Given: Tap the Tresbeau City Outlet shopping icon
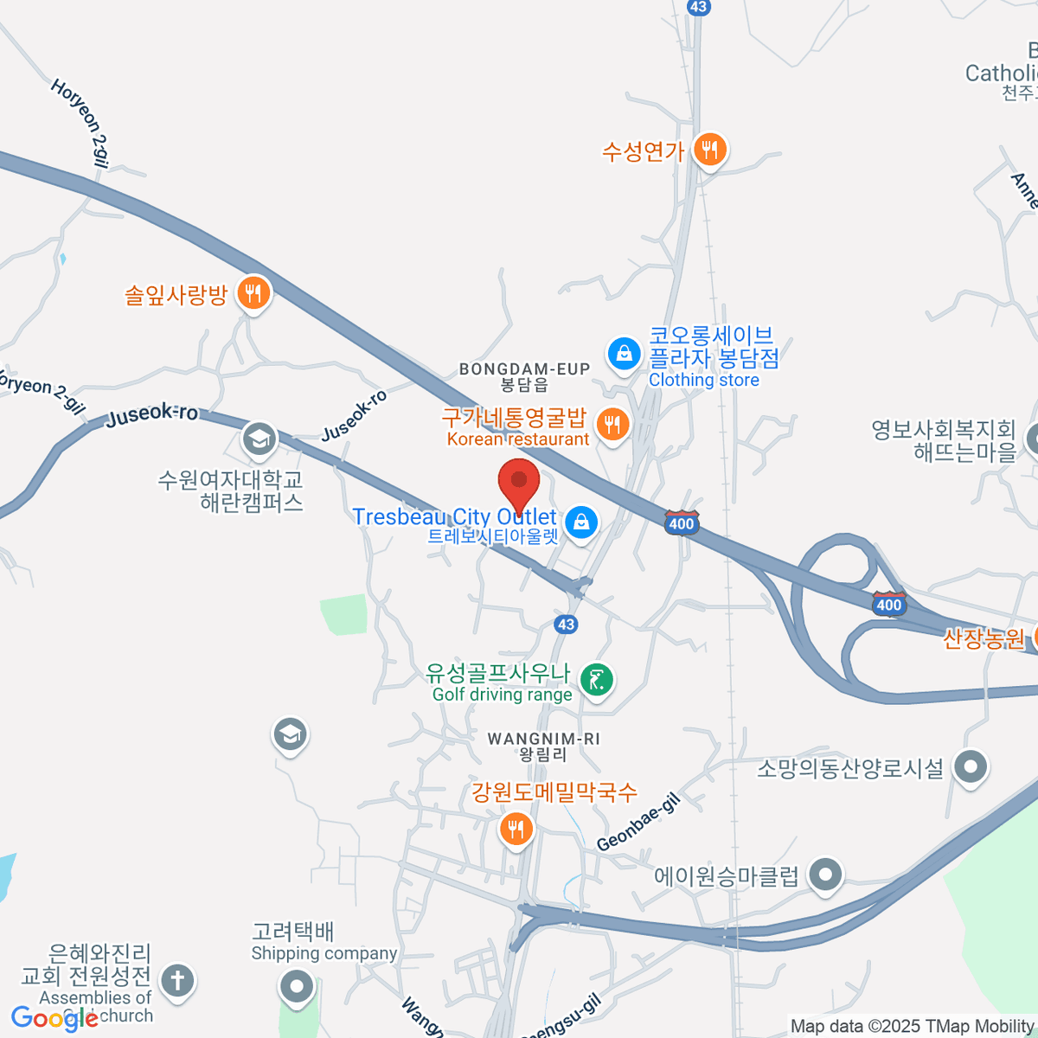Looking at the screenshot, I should pyautogui.click(x=581, y=522).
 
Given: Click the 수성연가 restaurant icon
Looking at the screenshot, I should pyautogui.click(x=709, y=151).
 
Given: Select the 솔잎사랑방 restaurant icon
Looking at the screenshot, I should pyautogui.click(x=253, y=294).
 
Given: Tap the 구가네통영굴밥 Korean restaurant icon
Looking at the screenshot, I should pyautogui.click(x=612, y=425).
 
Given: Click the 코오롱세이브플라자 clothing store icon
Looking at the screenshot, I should pyautogui.click(x=623, y=353).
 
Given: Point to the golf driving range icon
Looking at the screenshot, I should pyautogui.click(x=596, y=680).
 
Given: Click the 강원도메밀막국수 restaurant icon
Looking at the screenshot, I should pyautogui.click(x=516, y=830).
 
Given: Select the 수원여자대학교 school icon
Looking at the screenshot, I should pyautogui.click(x=259, y=439).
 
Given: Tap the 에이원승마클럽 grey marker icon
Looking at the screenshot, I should pyautogui.click(x=825, y=875).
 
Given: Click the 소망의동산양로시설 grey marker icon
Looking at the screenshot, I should pyautogui.click(x=971, y=766).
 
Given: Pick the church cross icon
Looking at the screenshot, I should pyautogui.click(x=178, y=981).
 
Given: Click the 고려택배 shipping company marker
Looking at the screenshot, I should pyautogui.click(x=297, y=985).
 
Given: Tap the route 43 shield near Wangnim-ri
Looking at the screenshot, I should pyautogui.click(x=566, y=624).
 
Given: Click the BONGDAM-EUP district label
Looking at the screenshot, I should pyautogui.click(x=524, y=369).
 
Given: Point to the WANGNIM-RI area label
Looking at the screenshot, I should pyautogui.click(x=543, y=739).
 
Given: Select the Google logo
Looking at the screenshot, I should pyautogui.click(x=54, y=1019).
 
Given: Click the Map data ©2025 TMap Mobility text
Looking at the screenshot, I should pyautogui.click(x=912, y=1026).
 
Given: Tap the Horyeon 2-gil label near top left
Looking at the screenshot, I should pyautogui.click(x=80, y=122).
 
